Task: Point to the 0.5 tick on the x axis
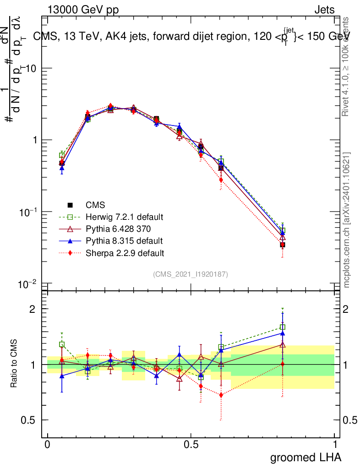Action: tap(191, 444)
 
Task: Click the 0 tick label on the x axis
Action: tap(47, 444)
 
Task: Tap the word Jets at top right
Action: tap(324, 10)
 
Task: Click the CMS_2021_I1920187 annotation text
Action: tap(191, 274)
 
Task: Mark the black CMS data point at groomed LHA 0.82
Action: tap(283, 245)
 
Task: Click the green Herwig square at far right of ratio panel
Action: tap(283, 327)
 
